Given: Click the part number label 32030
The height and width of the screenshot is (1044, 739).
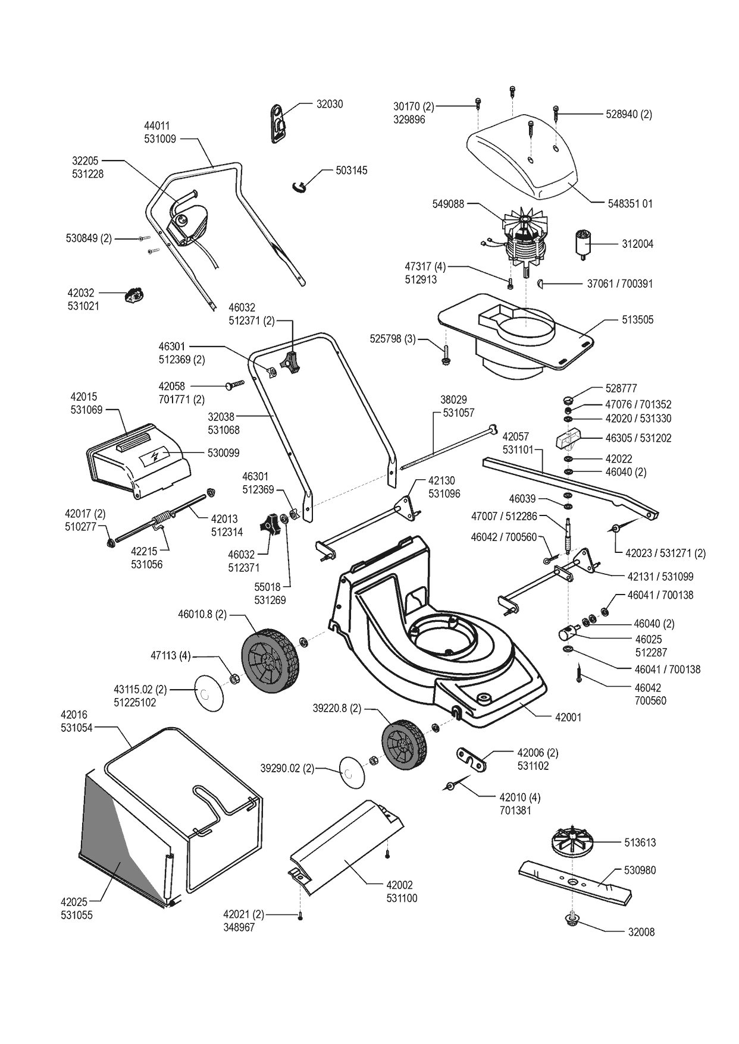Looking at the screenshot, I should (x=329, y=104).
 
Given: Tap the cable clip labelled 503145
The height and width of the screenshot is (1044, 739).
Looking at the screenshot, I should (x=301, y=185).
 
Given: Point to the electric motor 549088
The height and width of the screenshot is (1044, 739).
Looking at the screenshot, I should (x=525, y=241).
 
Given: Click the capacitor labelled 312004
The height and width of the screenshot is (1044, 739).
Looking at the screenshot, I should (x=581, y=244).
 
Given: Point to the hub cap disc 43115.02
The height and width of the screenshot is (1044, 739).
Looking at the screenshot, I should (x=210, y=693).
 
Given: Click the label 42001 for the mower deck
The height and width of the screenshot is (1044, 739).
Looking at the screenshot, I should (x=568, y=718).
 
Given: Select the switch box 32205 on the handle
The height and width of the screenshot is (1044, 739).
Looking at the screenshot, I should (x=189, y=225).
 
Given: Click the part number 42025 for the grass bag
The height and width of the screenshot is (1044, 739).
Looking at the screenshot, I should (x=74, y=903).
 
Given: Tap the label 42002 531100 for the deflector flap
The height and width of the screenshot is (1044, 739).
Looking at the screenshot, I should (x=399, y=892).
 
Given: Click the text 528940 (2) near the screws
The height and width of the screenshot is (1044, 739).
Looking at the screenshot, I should (x=628, y=114).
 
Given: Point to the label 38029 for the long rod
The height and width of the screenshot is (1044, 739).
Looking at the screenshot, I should (x=453, y=400).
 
